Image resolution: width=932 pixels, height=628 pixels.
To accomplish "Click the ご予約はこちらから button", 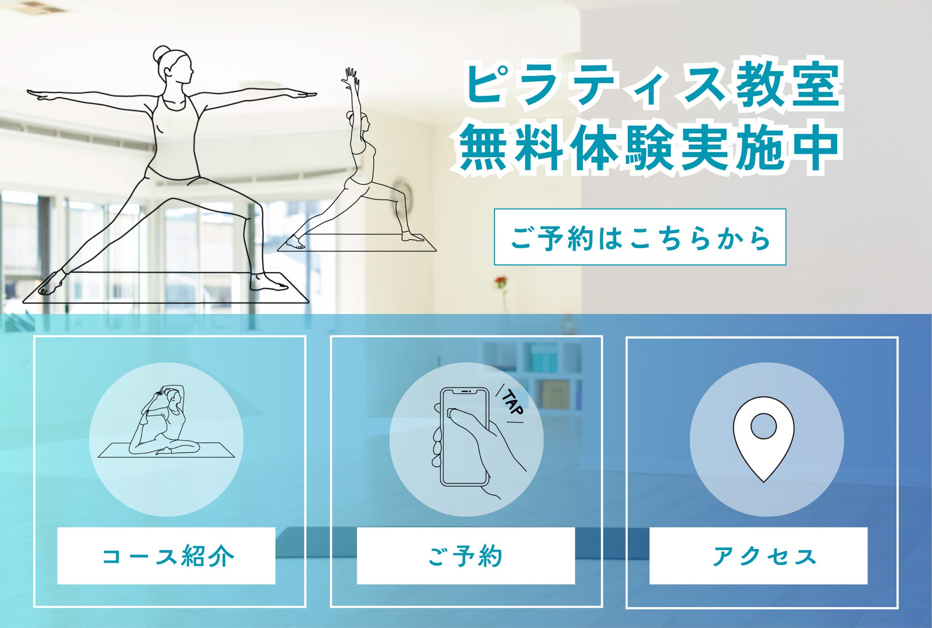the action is pyautogui.click(x=640, y=237).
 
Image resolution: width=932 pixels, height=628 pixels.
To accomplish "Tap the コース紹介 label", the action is pyautogui.click(x=166, y=556).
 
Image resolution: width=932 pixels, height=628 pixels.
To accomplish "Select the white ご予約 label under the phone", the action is pyautogui.click(x=466, y=556).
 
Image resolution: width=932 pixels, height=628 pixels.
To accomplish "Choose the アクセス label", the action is pyautogui.click(x=758, y=556).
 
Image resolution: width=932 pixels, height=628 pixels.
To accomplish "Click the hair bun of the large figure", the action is pyautogui.click(x=162, y=53).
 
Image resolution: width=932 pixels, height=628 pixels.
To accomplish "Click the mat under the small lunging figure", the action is pyautogui.click(x=357, y=242).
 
